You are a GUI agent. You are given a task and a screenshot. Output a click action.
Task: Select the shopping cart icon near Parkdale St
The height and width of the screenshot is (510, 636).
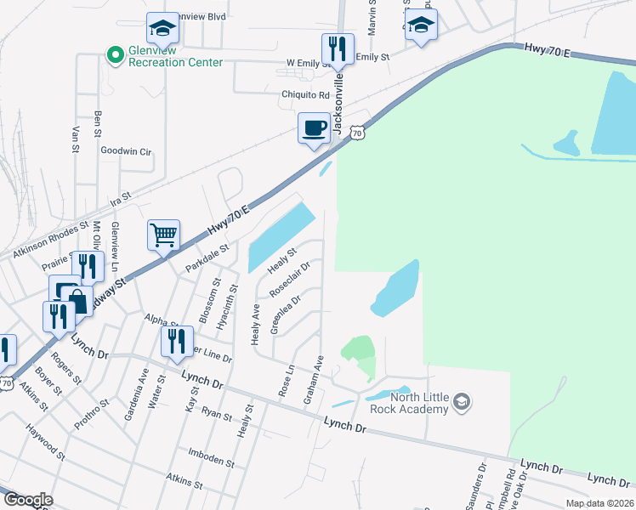point(163,235)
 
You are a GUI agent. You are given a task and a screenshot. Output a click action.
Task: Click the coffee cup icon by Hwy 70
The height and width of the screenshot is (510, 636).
point(314,127)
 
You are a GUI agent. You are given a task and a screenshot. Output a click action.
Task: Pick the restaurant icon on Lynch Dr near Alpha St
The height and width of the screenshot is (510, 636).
point(176,342)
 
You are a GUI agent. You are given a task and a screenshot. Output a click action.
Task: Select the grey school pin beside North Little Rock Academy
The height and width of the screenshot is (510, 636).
point(462,401)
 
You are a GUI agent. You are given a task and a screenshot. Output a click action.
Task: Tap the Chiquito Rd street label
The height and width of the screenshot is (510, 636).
point(305,95)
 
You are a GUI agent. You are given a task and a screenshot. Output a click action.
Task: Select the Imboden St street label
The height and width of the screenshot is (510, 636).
point(211,461)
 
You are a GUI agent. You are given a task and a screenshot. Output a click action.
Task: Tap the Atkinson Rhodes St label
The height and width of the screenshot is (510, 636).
point(50,241)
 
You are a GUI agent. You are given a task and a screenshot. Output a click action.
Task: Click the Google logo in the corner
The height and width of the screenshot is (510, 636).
point(27,500)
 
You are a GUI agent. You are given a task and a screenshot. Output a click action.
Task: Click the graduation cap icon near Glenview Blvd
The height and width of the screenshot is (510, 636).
point(162,30)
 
